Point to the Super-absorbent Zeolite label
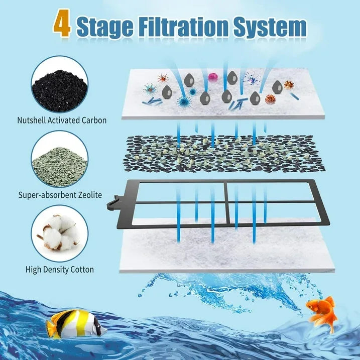(60, 195)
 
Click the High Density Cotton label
(60, 270)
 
